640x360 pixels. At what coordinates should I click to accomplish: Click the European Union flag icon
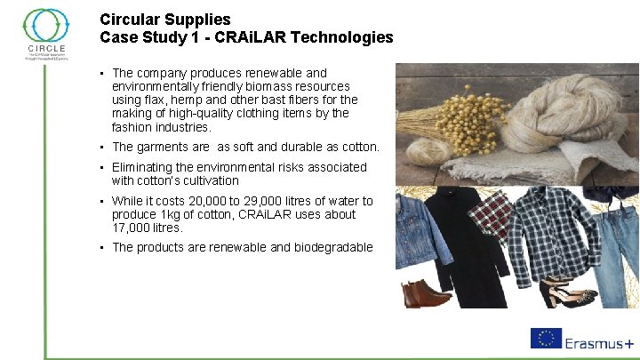click(x=546, y=339)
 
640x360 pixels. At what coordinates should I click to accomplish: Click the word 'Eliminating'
click(x=145, y=167)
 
